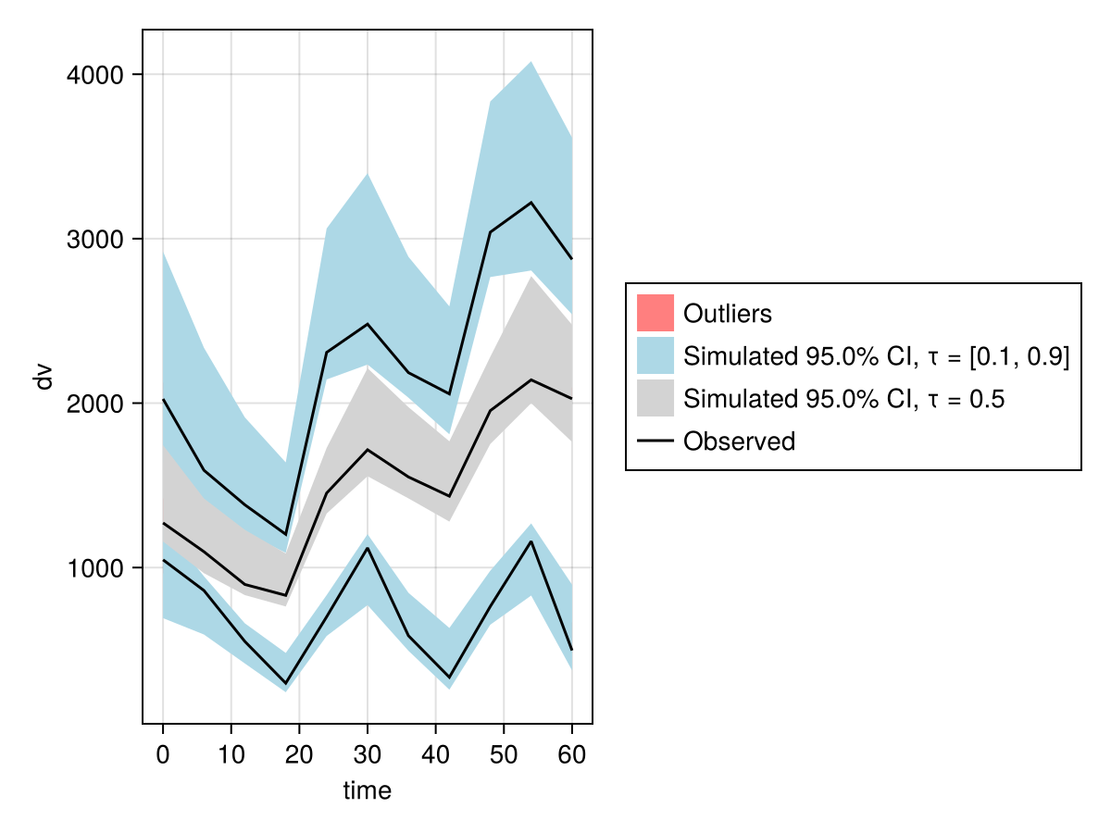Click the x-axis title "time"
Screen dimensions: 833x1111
click(x=368, y=790)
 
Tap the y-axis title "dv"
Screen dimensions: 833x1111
click(x=43, y=377)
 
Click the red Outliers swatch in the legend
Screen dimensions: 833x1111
click(x=655, y=313)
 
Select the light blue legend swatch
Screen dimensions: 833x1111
click(x=655, y=355)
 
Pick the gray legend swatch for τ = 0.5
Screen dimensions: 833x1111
click(x=655, y=399)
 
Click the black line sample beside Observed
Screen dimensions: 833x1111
click(x=655, y=441)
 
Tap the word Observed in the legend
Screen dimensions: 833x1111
click(x=739, y=441)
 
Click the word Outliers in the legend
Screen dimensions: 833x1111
click(x=727, y=314)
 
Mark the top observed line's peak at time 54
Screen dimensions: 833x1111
click(x=531, y=202)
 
